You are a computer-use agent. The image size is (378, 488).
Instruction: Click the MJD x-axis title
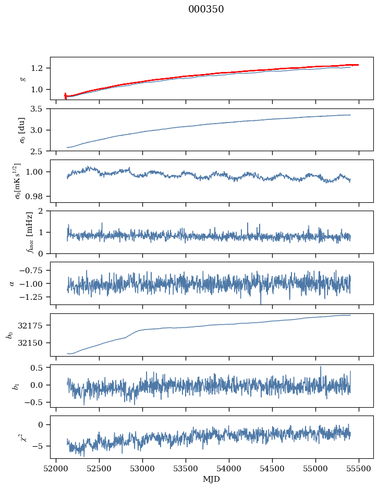212,479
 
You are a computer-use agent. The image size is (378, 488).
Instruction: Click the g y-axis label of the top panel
22,78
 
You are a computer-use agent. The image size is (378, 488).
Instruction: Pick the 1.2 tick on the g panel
40,68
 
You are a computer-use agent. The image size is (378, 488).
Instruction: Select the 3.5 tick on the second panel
40,109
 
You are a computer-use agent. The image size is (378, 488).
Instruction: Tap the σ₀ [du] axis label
22,129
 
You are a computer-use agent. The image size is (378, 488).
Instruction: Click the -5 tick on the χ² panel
42,446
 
